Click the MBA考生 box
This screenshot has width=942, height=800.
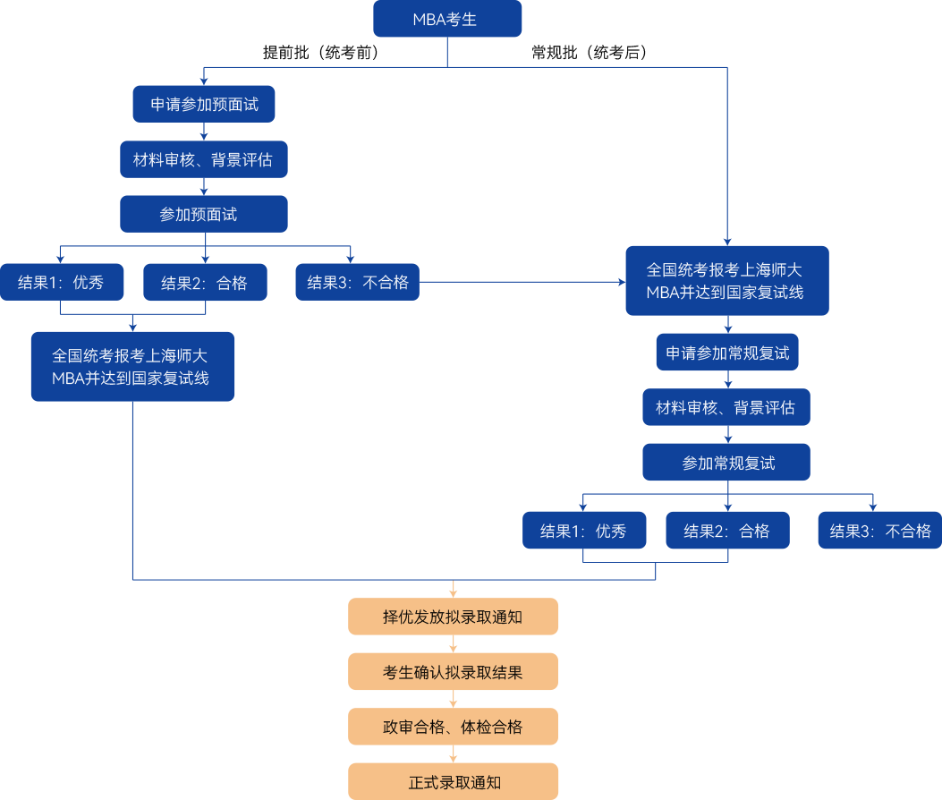[446, 20]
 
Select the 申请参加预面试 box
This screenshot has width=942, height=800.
[204, 104]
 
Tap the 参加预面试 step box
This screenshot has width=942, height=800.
[204, 214]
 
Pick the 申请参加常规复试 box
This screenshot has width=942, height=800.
[726, 353]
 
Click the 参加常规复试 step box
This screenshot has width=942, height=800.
[726, 463]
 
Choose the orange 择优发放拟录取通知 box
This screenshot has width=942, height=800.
[453, 617]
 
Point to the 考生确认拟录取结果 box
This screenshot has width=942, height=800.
[453, 672]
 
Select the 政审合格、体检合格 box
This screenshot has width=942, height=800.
[453, 727]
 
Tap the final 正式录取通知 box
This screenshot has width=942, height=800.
[453, 781]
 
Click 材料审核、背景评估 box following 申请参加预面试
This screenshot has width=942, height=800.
[204, 159]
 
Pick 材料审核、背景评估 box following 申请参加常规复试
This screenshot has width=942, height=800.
[726, 408]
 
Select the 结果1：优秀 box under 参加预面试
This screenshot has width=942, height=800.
[61, 283]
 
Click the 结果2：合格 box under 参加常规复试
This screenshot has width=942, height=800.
[727, 531]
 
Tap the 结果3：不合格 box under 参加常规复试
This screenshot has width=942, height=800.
[879, 531]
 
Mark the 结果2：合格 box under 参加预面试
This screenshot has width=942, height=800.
[205, 283]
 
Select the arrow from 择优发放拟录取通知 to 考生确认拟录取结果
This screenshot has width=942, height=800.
[454, 644]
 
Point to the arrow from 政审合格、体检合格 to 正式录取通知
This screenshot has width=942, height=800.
[454, 754]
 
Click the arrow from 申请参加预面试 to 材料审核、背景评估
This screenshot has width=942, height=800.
[205, 132]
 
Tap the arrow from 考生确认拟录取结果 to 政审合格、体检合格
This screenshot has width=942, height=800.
[454, 699]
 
